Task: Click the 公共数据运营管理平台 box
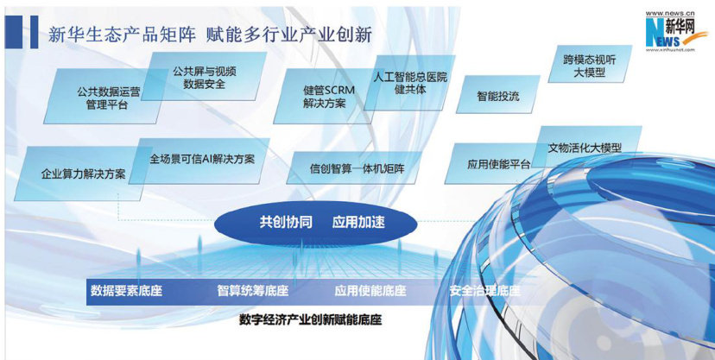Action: point(104,96)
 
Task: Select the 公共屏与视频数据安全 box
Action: point(205,77)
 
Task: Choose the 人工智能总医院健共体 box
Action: point(410,83)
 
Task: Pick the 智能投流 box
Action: point(498,95)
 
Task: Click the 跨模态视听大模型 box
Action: point(590,64)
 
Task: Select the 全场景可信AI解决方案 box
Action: point(200,161)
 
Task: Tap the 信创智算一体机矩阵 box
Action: point(357,167)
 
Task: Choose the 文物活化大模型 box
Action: point(586,147)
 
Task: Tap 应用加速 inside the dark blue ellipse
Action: point(358,223)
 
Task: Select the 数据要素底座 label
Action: point(126,291)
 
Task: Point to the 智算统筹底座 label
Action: point(253,291)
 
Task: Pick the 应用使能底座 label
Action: point(370,291)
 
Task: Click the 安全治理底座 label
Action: point(484,291)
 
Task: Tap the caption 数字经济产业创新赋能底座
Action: point(311,320)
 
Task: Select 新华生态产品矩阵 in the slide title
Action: point(122,35)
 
